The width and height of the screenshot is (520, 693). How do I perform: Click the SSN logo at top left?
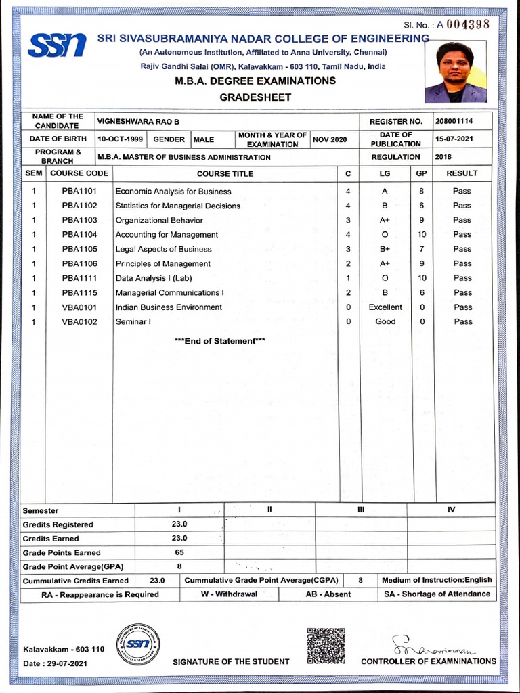click(x=57, y=45)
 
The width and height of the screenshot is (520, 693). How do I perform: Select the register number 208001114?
click(x=454, y=121)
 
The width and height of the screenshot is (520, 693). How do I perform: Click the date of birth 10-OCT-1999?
click(x=120, y=139)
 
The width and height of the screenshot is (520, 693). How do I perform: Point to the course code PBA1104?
click(x=79, y=234)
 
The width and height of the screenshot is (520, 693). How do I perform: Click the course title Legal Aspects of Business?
click(x=163, y=249)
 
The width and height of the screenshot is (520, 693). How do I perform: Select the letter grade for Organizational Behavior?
click(x=385, y=220)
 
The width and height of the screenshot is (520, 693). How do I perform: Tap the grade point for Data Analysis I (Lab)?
click(x=422, y=278)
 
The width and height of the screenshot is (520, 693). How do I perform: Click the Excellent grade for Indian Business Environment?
click(x=385, y=307)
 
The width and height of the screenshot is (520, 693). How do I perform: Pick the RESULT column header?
click(x=462, y=173)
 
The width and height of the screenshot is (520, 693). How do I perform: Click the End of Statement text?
click(x=219, y=341)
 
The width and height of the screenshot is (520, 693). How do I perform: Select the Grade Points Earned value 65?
click(x=179, y=552)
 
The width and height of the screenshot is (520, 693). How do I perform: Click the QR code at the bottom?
click(x=326, y=646)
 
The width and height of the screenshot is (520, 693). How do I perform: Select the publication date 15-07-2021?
click(x=454, y=139)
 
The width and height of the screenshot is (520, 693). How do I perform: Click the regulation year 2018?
click(x=443, y=156)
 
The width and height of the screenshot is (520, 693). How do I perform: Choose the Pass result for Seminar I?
click(x=463, y=321)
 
